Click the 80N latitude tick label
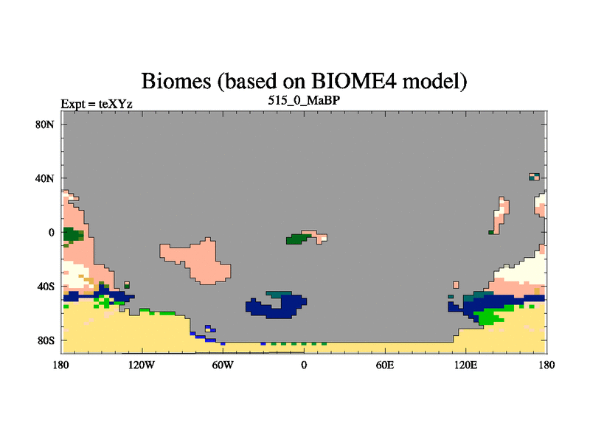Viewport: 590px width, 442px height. [x=45, y=124]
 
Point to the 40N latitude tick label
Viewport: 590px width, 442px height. [x=45, y=178]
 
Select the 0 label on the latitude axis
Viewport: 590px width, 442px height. [x=51, y=233]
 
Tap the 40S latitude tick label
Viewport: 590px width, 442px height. [x=45, y=287]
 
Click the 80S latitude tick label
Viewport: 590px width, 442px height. [x=45, y=340]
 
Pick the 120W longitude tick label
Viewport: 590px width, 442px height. [x=142, y=365]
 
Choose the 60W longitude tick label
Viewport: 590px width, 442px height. [x=223, y=365]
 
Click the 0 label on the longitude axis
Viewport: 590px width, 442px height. [x=304, y=365]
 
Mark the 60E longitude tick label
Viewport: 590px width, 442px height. [x=385, y=365]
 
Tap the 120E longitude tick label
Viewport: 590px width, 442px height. [x=466, y=365]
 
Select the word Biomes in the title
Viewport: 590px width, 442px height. [x=176, y=81]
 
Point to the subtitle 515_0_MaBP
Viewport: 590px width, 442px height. [x=304, y=101]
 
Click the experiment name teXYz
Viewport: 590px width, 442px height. [x=116, y=104]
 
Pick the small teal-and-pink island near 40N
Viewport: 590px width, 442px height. [x=534, y=177]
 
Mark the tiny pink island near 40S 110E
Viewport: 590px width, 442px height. [x=456, y=284]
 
